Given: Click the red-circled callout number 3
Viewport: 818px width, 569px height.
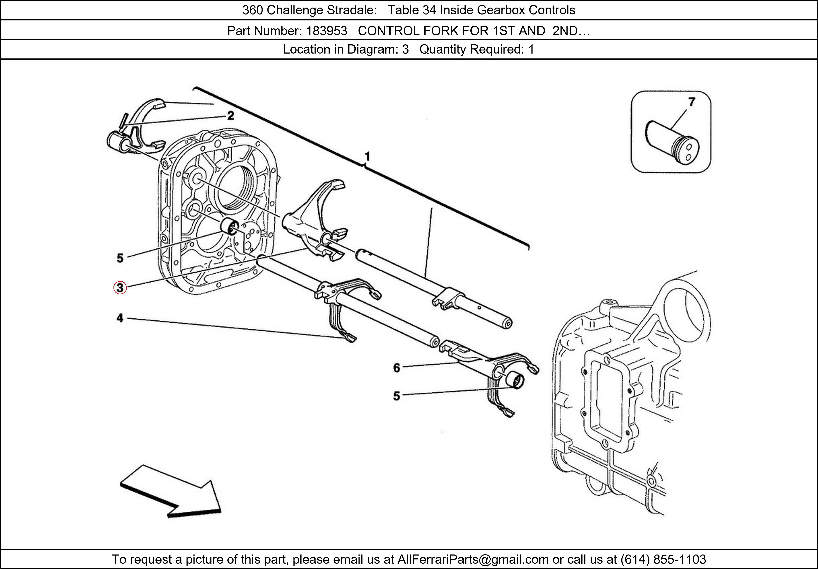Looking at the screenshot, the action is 120,288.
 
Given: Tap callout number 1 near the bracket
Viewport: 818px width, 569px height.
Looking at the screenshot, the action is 367,157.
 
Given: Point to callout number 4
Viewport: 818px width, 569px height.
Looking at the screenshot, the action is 120,318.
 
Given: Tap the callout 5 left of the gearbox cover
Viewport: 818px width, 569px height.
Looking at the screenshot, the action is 120,258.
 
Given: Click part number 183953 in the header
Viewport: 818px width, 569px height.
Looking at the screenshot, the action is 327,31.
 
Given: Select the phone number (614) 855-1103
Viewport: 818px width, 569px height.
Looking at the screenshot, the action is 663,559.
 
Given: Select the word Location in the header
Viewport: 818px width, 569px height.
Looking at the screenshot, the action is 306,49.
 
